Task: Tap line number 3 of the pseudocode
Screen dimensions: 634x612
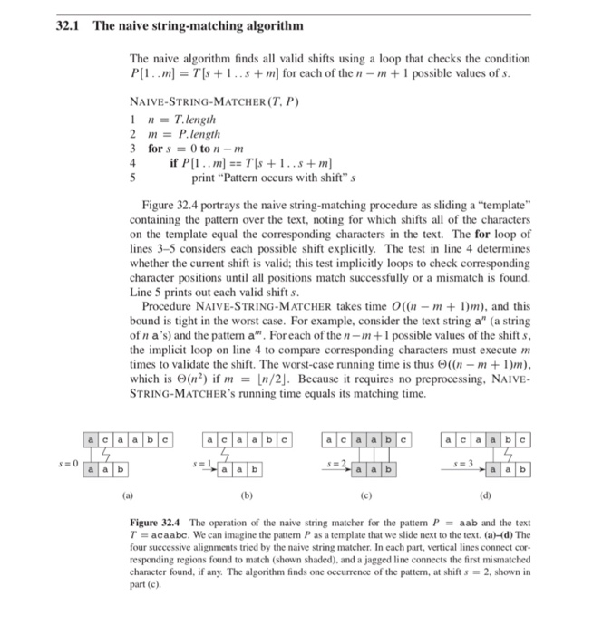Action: (x=134, y=148)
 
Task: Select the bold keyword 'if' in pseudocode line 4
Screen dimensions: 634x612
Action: (x=174, y=163)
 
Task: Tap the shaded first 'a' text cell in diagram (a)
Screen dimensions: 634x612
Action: (x=92, y=441)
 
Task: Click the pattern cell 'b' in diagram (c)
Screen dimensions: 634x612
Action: (x=387, y=470)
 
